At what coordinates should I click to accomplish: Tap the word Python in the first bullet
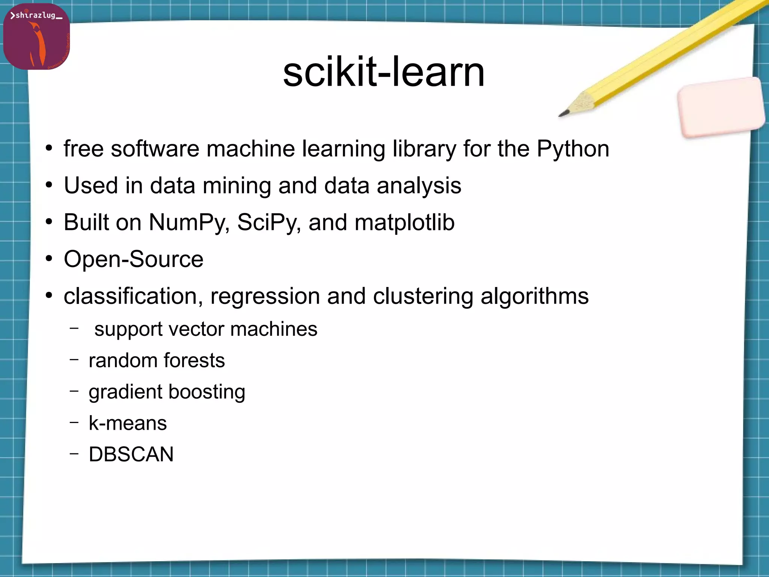click(573, 149)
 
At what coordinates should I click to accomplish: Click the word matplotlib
click(404, 222)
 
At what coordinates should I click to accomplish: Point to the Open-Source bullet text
click(134, 259)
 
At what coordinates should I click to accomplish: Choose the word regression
click(265, 296)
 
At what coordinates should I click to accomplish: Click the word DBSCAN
click(131, 454)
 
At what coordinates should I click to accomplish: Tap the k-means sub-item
click(128, 423)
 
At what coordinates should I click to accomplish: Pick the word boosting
click(207, 392)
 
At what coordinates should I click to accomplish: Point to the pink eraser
click(721, 107)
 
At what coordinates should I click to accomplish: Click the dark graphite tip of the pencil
click(564, 113)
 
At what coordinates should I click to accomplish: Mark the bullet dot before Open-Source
click(49, 259)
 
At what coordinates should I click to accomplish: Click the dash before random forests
click(74, 359)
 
